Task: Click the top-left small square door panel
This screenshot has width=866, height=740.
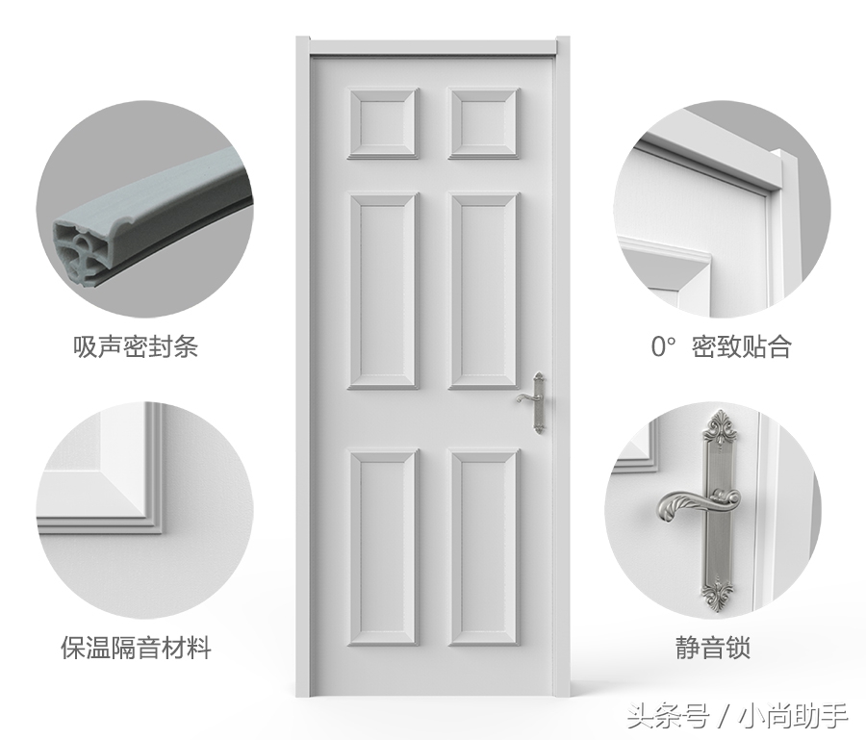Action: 383,123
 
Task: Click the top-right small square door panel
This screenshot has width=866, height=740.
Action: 484,123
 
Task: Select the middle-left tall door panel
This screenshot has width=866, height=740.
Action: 383,291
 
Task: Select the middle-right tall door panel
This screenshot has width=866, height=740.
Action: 484,291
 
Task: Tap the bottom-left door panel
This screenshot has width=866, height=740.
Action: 383,547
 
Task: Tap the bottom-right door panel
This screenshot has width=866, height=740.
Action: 484,547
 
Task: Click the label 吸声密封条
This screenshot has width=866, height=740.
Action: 136,346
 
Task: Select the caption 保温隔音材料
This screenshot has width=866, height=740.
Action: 136,648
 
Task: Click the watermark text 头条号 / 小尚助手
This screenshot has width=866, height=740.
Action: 737,715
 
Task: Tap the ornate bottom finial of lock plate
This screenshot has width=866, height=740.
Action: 719,592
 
